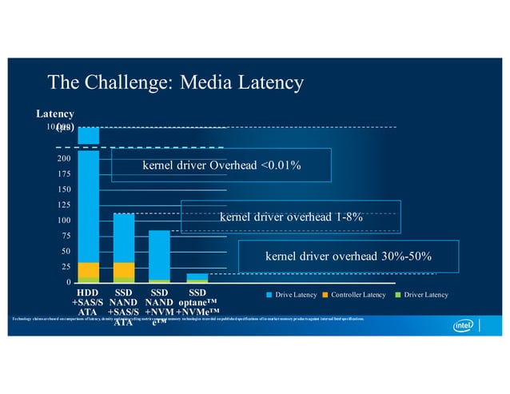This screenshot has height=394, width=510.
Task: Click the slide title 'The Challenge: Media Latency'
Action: click(176, 82)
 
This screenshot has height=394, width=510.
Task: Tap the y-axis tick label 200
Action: click(62, 159)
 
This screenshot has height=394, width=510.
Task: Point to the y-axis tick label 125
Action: click(62, 205)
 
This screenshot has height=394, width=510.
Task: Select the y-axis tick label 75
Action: click(65, 236)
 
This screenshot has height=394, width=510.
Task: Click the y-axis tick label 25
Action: click(65, 267)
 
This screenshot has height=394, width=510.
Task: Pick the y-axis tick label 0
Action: click(67, 282)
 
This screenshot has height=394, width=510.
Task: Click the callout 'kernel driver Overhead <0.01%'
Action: click(221, 165)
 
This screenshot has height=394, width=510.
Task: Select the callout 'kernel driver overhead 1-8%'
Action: click(291, 216)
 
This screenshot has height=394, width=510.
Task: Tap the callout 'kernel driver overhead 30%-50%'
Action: click(349, 257)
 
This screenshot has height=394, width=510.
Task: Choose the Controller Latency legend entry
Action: click(357, 296)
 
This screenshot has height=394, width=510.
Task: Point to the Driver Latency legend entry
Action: click(421, 296)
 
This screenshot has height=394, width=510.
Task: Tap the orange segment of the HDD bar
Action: click(89, 269)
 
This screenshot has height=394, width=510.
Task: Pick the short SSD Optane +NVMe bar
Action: click(197, 278)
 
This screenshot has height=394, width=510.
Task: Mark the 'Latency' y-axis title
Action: click(54, 114)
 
